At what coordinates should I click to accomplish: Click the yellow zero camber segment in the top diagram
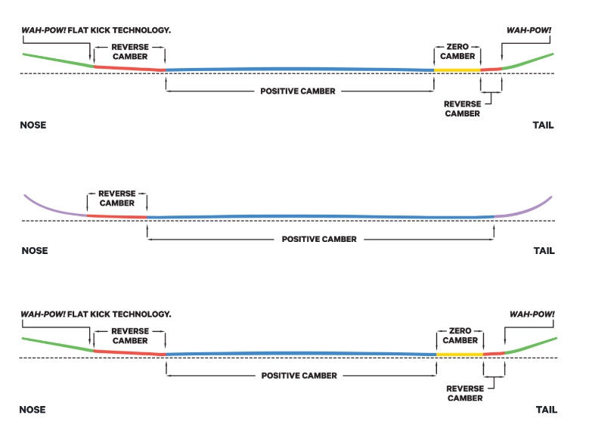[457, 70]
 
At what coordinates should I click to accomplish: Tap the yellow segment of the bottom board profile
[460, 354]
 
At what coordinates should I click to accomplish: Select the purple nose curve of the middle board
[53, 209]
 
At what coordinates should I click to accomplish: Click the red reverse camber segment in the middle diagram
[117, 216]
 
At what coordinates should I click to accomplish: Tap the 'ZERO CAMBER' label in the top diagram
[457, 51]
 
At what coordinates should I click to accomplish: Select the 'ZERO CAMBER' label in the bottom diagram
[460, 335]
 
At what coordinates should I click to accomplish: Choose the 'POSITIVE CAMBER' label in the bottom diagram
[299, 375]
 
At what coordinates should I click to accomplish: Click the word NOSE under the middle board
[33, 251]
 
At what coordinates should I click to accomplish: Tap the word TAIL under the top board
[543, 126]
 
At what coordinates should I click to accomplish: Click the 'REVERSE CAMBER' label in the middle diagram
[116, 198]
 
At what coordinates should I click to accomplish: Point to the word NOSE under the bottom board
[33, 410]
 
